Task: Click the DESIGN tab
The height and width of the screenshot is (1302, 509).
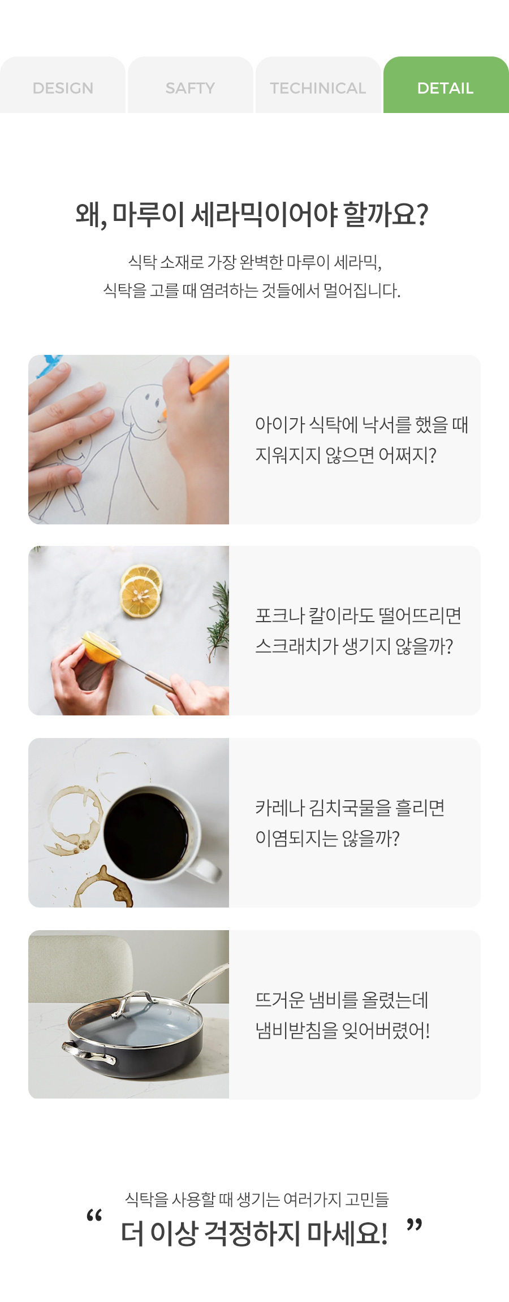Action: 63,85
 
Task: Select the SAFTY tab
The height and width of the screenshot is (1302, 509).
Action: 191,85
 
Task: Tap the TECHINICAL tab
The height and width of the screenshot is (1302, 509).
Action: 318,85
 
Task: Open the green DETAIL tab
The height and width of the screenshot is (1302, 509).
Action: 446,85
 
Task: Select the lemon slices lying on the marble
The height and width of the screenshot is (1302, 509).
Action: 141,591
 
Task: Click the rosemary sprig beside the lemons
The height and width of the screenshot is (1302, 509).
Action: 218,619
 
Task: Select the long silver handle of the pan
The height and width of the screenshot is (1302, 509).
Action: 206,983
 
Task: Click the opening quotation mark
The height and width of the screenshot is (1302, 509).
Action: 94,1216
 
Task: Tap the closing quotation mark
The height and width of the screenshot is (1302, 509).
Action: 415,1226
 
